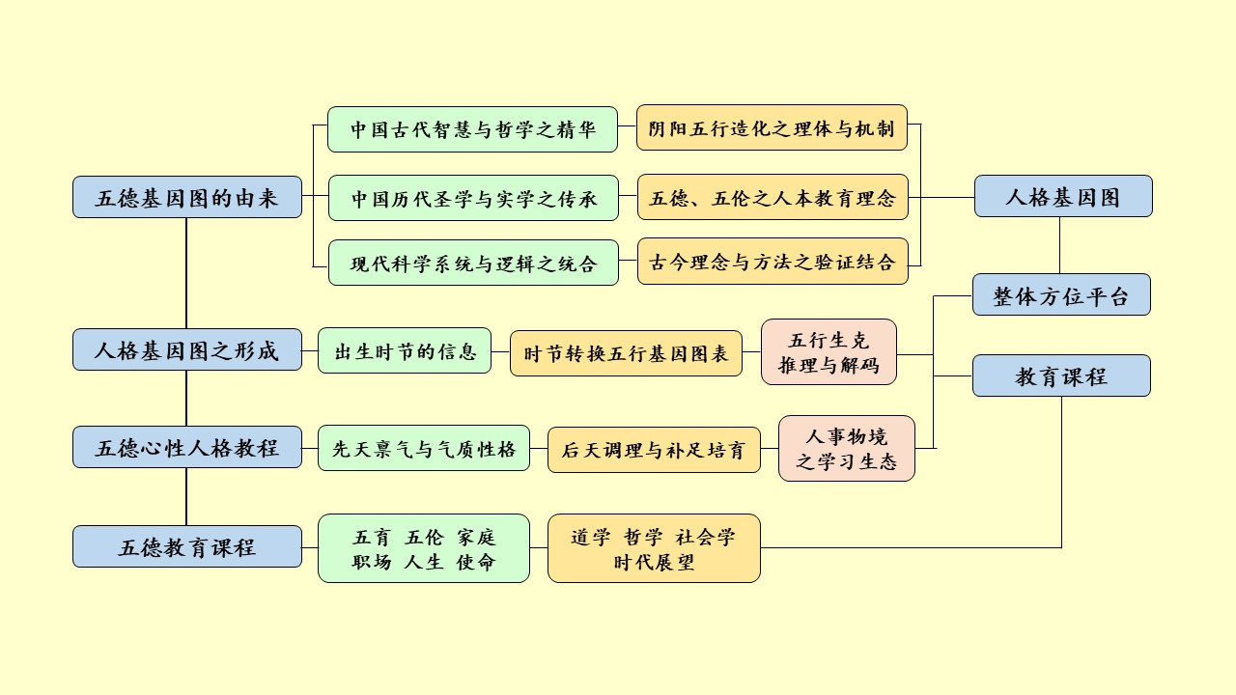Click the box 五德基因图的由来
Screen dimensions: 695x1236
187,198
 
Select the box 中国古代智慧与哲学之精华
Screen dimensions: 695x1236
472,129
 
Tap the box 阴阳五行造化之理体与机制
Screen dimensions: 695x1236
772,127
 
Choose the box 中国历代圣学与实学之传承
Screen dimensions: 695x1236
472,199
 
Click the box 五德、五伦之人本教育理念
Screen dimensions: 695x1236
772,198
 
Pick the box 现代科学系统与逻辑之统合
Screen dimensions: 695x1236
472,263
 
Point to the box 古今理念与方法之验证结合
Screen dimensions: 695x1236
772,262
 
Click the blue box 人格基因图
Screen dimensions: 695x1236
1062,196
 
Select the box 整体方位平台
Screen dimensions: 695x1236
1060,294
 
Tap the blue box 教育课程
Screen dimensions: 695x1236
1060,375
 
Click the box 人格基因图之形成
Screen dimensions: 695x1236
187,349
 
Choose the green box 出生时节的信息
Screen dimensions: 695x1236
405,350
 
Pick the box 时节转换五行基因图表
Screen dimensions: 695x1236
626,353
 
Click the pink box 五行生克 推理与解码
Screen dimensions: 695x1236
829,352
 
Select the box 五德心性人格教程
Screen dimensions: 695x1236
187,448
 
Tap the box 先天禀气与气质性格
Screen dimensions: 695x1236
423,448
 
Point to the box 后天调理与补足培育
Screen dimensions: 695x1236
653,450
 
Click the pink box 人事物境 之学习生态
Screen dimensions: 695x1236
846,449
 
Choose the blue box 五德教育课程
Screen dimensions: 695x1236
187,546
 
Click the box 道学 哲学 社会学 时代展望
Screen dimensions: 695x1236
653,548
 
